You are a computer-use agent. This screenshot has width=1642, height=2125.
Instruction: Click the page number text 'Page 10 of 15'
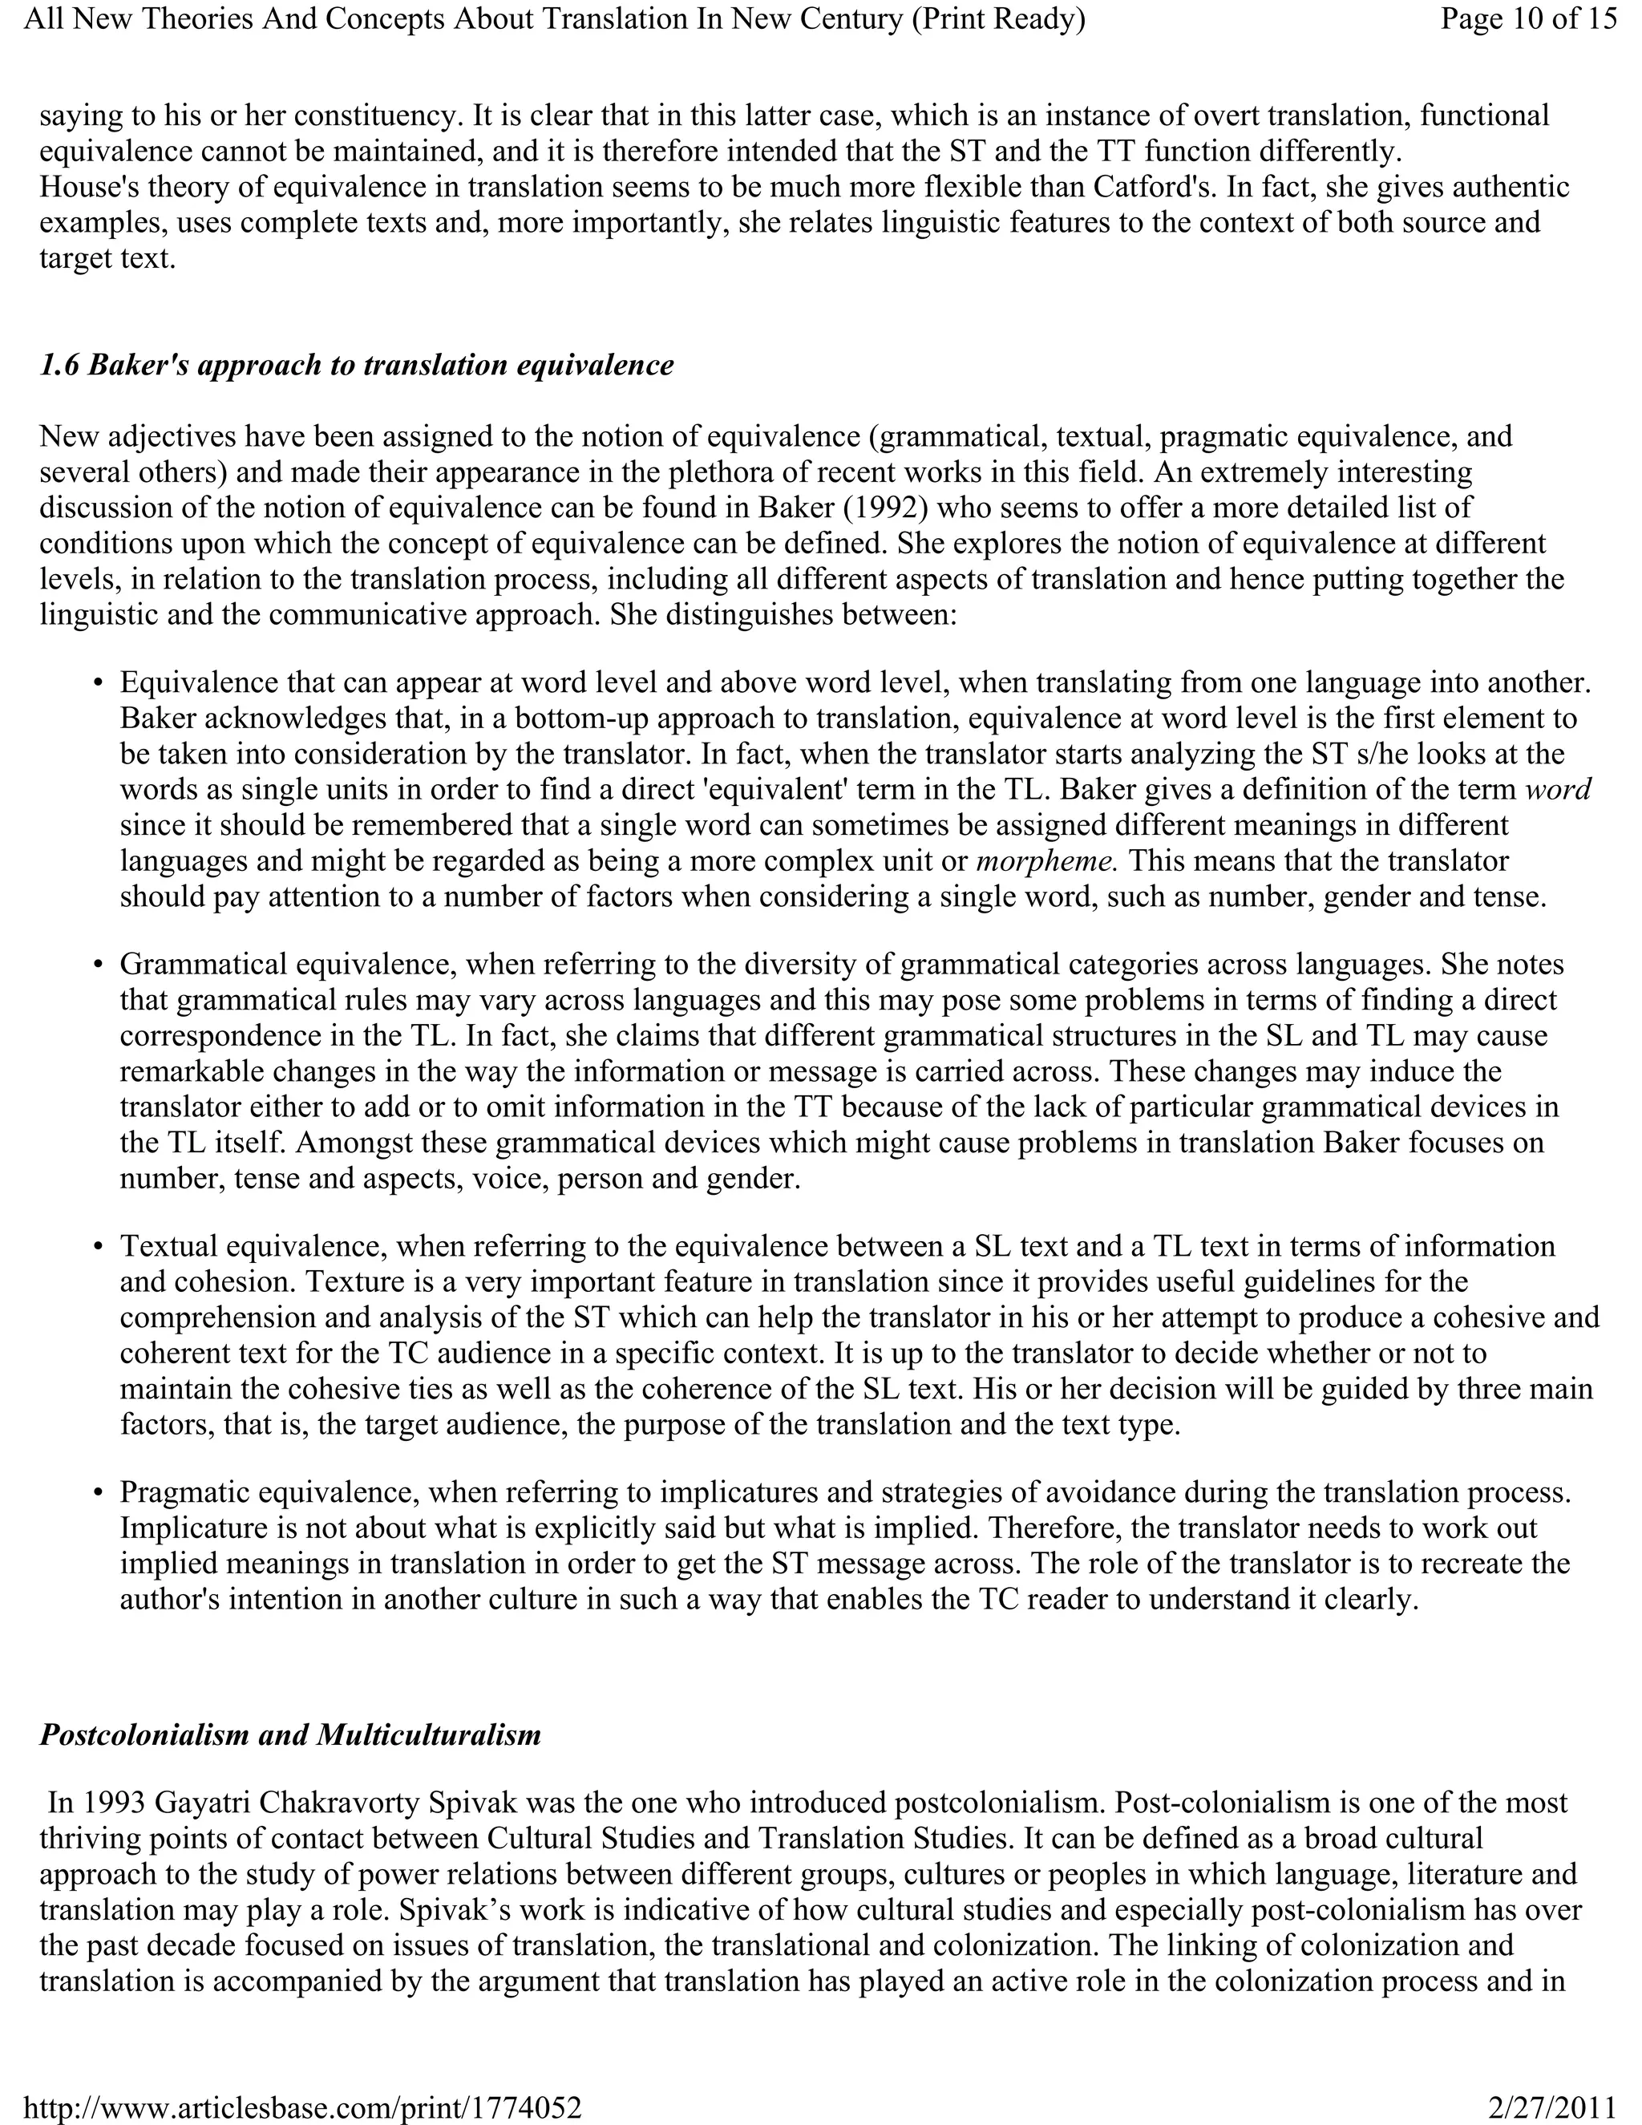click(x=1528, y=18)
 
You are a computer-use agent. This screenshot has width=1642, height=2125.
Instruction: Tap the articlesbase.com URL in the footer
click(x=301, y=2107)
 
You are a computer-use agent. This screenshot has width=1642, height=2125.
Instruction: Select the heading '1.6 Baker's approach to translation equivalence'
click(x=356, y=365)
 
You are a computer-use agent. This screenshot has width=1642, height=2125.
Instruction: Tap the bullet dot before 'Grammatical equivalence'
click(x=99, y=965)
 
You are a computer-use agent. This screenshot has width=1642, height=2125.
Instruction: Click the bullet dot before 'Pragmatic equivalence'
click(x=99, y=1492)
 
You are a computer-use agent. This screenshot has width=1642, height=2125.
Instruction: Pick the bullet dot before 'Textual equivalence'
click(x=99, y=1248)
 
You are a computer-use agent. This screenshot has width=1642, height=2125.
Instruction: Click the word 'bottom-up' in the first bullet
click(x=583, y=719)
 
